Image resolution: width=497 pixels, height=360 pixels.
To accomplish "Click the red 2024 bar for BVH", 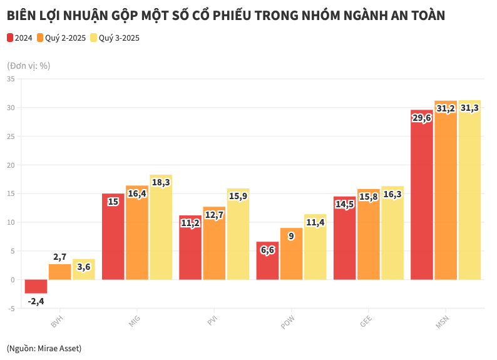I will point(36,286).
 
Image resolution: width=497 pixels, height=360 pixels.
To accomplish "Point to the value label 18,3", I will point(160,182).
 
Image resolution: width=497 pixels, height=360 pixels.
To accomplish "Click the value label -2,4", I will point(36,301).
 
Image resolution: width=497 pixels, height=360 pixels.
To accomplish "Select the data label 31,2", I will point(446,108).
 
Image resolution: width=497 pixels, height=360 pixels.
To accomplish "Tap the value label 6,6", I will point(267,250).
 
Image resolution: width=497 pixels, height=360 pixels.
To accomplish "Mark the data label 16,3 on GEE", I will point(392,194).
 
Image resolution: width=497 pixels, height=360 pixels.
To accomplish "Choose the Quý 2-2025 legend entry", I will point(61,38).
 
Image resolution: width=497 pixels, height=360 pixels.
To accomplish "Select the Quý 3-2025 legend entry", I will point(115,38).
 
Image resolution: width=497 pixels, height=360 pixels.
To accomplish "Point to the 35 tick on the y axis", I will point(11,79).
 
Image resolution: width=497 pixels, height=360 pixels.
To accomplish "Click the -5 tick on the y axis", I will point(11,309).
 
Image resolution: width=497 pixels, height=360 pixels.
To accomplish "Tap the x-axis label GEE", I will point(366,322).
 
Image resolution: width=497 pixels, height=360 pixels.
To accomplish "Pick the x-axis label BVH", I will point(57,322).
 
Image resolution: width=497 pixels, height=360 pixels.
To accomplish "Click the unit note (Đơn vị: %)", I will point(28,65).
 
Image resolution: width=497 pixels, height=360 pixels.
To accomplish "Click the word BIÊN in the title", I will point(22,16).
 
